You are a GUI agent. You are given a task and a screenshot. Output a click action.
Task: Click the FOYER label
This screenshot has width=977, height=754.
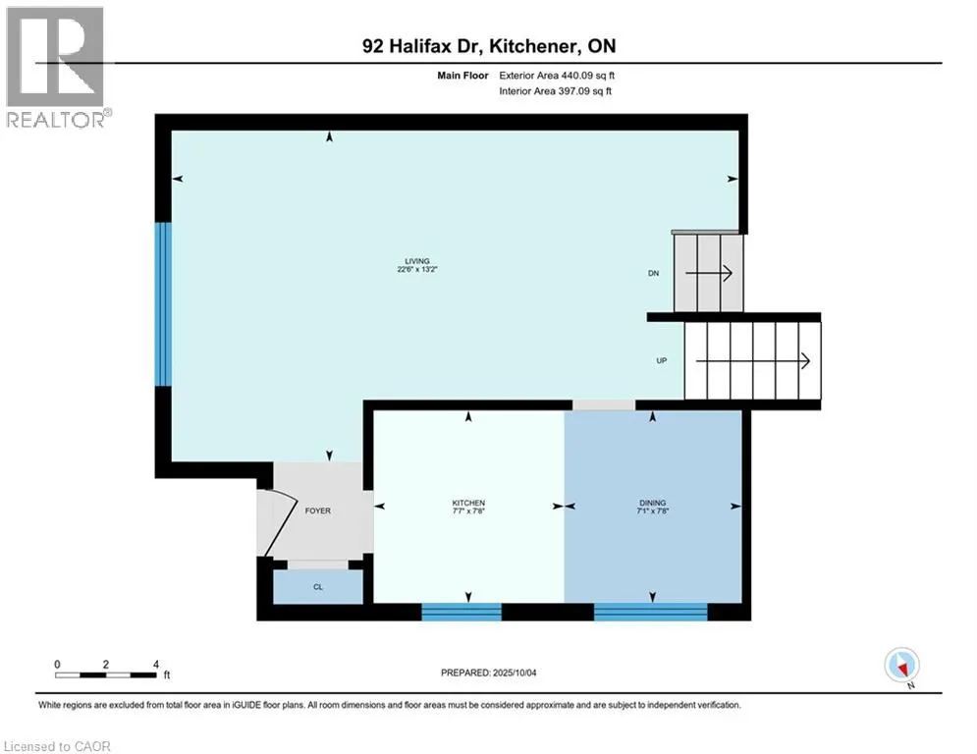[318, 511]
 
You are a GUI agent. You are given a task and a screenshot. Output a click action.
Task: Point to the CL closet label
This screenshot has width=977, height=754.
[317, 587]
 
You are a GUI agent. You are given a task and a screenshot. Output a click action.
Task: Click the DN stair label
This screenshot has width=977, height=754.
[652, 274]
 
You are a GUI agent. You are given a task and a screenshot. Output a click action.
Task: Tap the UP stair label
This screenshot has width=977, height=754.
[662, 360]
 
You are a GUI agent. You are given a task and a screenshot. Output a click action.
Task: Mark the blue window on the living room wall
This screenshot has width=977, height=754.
[163, 303]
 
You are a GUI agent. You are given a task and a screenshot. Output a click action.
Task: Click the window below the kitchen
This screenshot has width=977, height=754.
[461, 612]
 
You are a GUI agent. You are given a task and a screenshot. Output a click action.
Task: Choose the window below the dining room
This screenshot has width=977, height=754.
[650, 612]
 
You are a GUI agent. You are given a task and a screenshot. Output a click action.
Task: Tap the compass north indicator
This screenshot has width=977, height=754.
[900, 666]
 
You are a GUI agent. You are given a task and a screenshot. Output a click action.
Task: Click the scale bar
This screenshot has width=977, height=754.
[106, 673]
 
